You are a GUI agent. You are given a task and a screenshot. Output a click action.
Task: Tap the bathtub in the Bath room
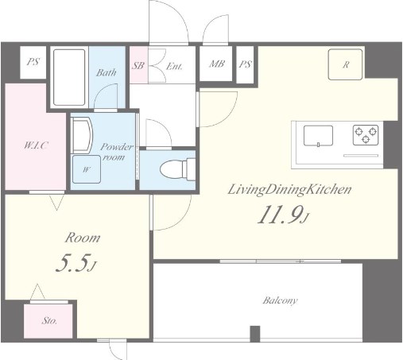[x=69, y=77]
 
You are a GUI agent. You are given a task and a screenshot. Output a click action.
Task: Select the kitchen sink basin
[x=318, y=136]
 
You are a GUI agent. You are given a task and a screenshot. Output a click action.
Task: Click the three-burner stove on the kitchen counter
[x=366, y=135]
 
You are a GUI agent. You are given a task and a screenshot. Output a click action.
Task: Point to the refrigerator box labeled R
[x=345, y=64]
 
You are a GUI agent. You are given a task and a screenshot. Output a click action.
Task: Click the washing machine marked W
[x=87, y=169]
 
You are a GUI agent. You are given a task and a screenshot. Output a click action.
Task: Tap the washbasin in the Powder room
[x=82, y=135]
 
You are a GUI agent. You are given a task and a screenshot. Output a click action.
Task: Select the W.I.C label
[x=36, y=145]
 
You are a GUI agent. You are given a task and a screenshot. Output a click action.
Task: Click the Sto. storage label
[x=49, y=321]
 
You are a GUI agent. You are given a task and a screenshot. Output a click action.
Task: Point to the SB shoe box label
[x=138, y=65]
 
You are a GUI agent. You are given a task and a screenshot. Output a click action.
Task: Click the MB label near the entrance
[x=217, y=64]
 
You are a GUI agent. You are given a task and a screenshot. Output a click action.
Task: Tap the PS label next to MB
[x=245, y=64]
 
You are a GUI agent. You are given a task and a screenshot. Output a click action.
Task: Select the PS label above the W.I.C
[x=33, y=62]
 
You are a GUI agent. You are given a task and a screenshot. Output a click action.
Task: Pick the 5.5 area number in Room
[x=76, y=263]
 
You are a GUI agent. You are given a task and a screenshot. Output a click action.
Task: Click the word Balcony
[x=280, y=300]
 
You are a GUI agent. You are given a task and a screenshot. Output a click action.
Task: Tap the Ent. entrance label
[x=174, y=66]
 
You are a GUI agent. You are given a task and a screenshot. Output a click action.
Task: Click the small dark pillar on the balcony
[x=255, y=334]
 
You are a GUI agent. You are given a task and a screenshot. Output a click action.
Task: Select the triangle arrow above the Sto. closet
[x=37, y=292]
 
